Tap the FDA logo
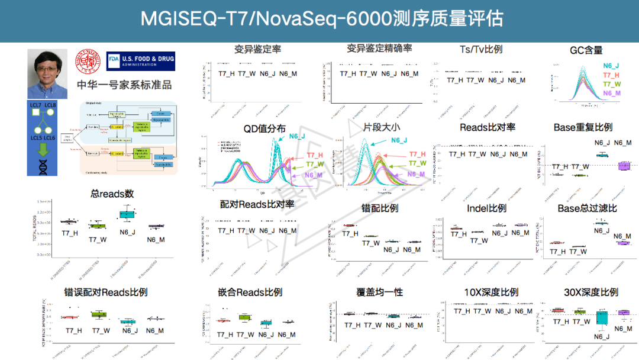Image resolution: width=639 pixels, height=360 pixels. (141, 60)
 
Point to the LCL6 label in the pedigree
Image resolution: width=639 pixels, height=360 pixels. (49, 137)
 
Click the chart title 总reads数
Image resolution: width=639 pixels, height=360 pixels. (112, 194)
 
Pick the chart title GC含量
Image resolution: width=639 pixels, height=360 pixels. (586, 50)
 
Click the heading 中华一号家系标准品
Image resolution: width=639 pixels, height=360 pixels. (124, 85)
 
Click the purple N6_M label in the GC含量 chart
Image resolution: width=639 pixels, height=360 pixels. (611, 94)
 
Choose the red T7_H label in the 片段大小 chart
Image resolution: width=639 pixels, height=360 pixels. (417, 155)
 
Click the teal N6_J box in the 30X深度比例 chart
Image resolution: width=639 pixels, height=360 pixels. (602, 318)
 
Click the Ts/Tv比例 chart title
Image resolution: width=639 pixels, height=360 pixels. (480, 49)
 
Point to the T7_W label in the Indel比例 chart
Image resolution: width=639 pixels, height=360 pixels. (479, 240)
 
